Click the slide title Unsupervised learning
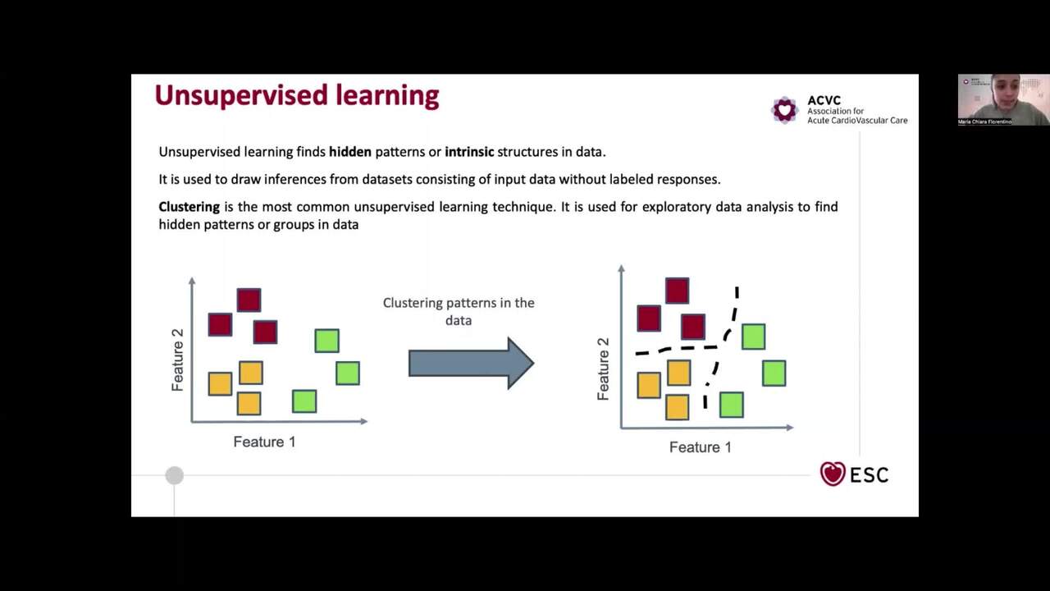coord(296,95)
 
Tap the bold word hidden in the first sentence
coord(350,152)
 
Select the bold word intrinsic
coord(469,152)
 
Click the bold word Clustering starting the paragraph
coord(189,207)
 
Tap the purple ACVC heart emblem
coord(785,109)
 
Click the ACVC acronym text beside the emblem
coord(824,100)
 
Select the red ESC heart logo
coord(833,474)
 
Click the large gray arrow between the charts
coord(471,363)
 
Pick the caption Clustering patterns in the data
coord(459,311)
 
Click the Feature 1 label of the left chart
coord(264,442)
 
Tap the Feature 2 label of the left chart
coord(177,360)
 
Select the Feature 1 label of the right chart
coord(700,447)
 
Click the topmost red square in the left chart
coord(249,300)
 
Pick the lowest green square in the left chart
coord(304,401)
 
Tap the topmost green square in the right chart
coord(753,337)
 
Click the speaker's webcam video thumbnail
coord(1003,99)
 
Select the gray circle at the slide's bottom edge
coord(174,475)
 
